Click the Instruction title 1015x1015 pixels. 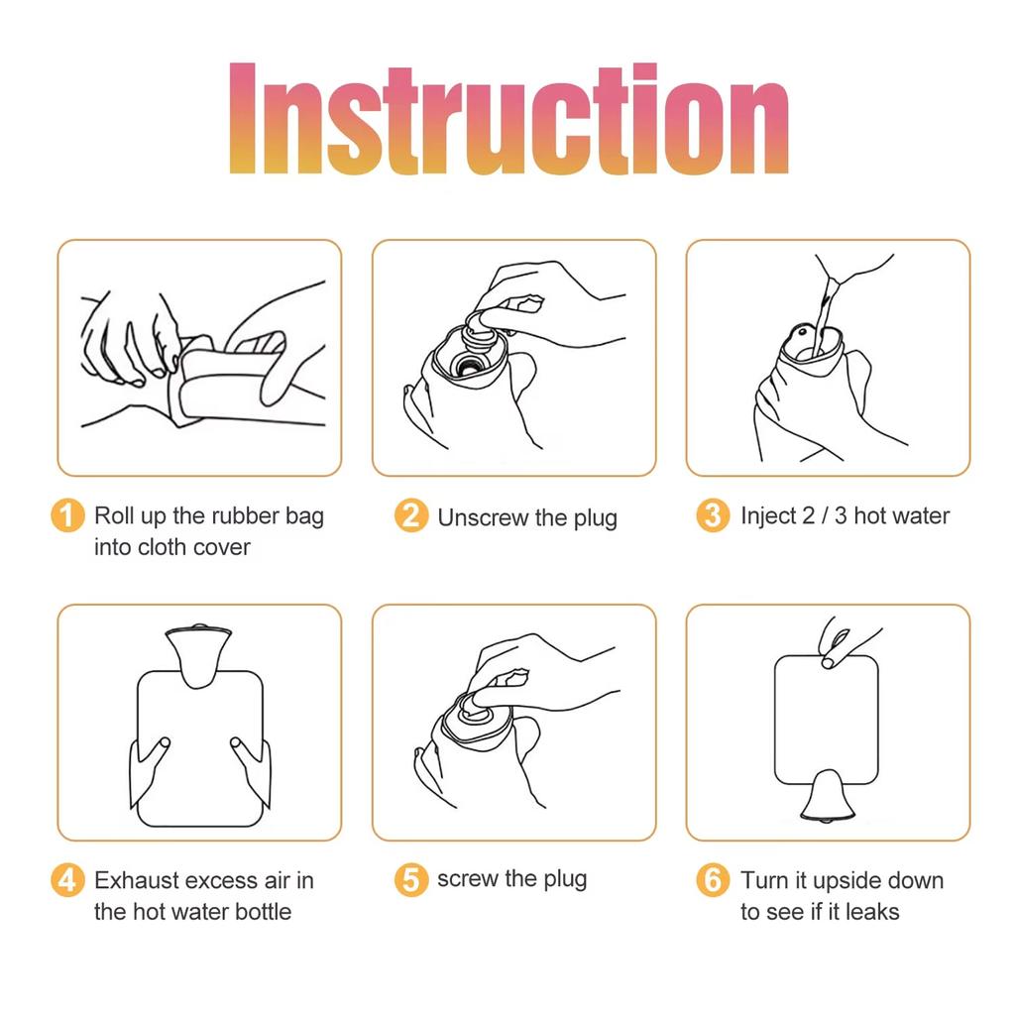pos(508,119)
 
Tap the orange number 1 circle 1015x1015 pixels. pos(67,515)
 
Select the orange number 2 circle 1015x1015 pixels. pos(411,515)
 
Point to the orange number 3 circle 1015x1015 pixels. pos(713,515)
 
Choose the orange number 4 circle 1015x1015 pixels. pos(67,880)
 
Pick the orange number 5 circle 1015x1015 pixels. pos(411,880)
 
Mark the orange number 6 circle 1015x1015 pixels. pos(713,880)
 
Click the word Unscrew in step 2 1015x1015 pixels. pos(483,517)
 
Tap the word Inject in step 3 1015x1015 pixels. pos(768,516)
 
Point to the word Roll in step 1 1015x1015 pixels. pos(114,515)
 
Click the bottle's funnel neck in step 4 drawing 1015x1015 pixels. pos(197,655)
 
